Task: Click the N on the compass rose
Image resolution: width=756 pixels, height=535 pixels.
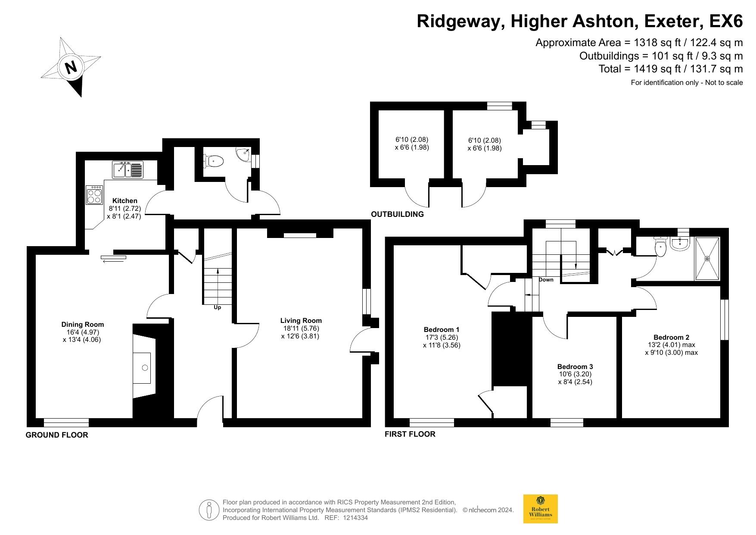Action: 71,67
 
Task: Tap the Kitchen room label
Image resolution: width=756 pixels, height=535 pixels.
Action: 125,200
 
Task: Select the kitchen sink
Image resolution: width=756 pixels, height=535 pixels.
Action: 128,169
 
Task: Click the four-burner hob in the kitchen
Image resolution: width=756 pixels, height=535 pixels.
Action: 95,195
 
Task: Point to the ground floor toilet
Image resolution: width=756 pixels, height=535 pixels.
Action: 214,162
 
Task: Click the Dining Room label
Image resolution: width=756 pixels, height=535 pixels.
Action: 83,325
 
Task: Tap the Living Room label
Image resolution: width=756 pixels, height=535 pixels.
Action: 301,320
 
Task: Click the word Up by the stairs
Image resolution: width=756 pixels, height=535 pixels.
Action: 218,307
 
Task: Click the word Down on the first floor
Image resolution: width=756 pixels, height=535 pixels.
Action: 546,280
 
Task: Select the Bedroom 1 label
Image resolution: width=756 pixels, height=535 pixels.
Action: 442,329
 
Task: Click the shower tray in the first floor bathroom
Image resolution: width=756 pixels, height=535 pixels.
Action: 707,259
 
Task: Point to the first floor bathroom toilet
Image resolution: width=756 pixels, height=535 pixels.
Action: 660,247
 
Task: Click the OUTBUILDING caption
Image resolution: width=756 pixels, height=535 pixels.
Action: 398,214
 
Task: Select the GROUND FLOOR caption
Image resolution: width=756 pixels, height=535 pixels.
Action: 57,435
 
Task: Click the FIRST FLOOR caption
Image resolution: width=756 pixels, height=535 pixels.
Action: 410,434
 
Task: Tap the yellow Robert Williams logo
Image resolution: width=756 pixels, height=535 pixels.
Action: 541,509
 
